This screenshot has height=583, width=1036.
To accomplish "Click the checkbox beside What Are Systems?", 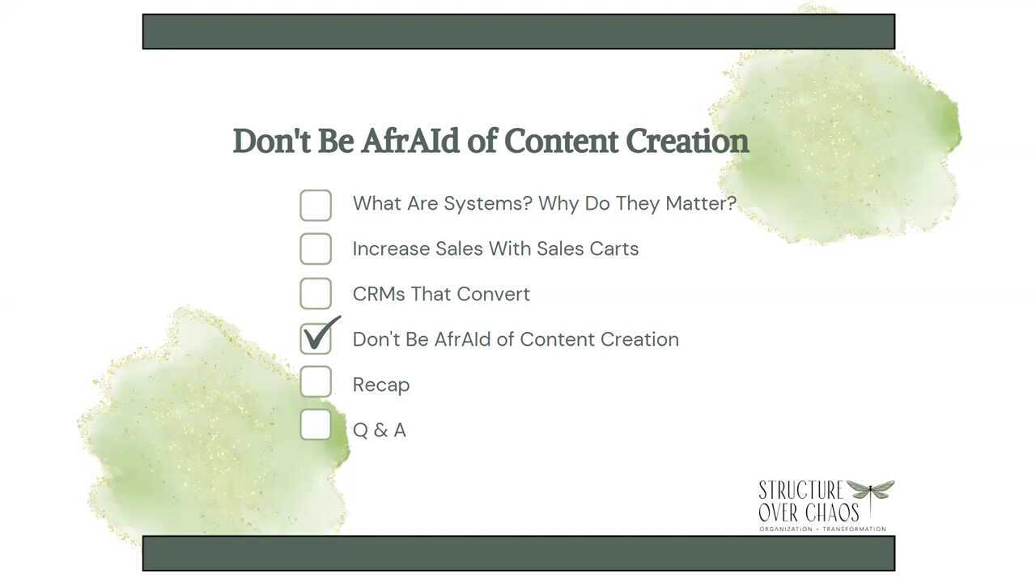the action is click(x=316, y=205).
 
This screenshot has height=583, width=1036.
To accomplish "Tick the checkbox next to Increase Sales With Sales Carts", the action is click(x=316, y=249).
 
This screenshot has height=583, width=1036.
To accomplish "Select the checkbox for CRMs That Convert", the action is click(x=316, y=293).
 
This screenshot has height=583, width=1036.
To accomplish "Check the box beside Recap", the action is click(x=316, y=381).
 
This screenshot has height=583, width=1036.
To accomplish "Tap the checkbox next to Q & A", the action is click(x=316, y=424).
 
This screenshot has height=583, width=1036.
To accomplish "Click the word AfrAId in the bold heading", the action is click(x=410, y=141).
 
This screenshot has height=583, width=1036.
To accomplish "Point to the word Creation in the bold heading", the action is click(x=687, y=141).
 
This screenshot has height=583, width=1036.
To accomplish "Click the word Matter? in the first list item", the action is click(x=701, y=203).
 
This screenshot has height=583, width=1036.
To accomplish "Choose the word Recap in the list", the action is click(x=381, y=385).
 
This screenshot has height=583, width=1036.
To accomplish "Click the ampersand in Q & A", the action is click(x=380, y=430).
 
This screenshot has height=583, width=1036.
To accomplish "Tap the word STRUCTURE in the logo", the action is click(x=801, y=490).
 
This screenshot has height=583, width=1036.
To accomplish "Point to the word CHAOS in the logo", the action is click(x=832, y=513).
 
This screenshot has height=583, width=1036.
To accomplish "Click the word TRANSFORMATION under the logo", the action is click(x=854, y=529).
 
